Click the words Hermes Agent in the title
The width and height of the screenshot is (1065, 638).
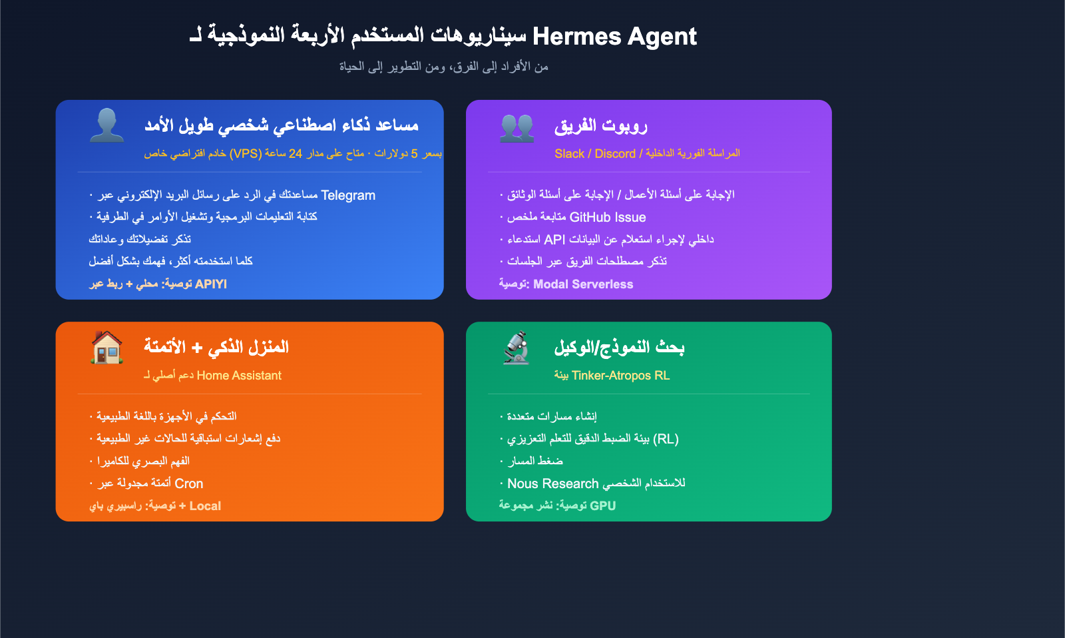[614, 36]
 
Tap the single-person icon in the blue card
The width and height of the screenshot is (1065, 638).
[106, 125]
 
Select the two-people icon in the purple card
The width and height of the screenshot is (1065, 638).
[517, 127]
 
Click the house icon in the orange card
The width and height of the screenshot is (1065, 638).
[106, 347]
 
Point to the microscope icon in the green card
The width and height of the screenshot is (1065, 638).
[517, 348]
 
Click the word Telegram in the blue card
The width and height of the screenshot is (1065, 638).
[348, 195]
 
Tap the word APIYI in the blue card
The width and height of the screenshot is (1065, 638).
[211, 284]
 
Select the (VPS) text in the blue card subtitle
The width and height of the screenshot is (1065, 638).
[246, 154]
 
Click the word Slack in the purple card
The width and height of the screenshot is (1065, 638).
[569, 154]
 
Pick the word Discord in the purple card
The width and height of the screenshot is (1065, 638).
[615, 154]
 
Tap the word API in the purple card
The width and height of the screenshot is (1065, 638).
[554, 239]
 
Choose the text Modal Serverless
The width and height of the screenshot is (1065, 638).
[583, 284]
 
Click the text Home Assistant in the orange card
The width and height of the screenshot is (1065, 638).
[239, 376]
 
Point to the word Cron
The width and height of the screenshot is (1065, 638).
[189, 483]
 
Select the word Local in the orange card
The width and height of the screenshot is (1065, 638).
[205, 506]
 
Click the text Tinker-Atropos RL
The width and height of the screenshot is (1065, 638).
[620, 376]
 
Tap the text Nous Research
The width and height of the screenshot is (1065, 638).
[553, 483]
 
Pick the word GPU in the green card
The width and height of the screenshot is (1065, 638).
[602, 506]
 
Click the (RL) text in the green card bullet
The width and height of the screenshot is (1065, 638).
[666, 439]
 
